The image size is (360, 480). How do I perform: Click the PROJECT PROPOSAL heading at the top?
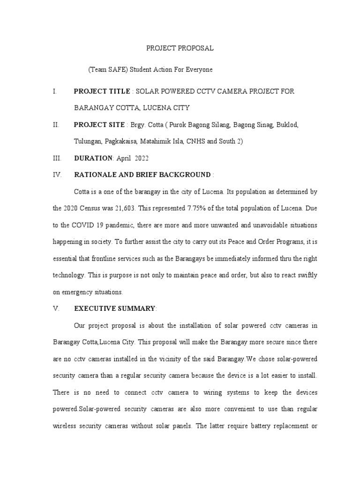click(x=180, y=48)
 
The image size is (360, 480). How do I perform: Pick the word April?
click(x=121, y=158)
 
